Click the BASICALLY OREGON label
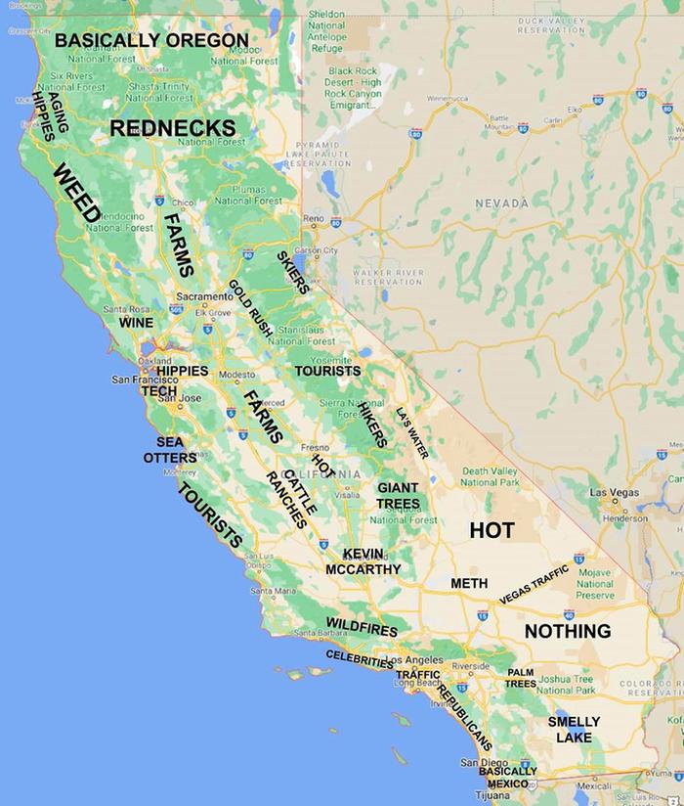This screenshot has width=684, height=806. pyautogui.click(x=151, y=40)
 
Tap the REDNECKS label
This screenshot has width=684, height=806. pyautogui.click(x=173, y=128)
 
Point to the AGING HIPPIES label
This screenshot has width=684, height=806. pyautogui.click(x=51, y=115)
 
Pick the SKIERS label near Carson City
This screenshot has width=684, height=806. pyautogui.click(x=293, y=272)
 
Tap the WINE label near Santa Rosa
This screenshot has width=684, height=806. pyautogui.click(x=136, y=322)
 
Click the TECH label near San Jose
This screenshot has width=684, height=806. pyautogui.click(x=159, y=389)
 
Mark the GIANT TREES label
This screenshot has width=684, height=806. pyautogui.click(x=399, y=495)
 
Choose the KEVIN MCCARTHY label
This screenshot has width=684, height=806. pyautogui.click(x=363, y=561)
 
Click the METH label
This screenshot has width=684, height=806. pyautogui.click(x=469, y=583)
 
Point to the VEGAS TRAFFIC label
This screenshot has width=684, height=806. pyautogui.click(x=534, y=584)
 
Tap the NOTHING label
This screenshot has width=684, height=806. pyautogui.click(x=568, y=631)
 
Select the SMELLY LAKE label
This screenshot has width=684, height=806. pyautogui.click(x=574, y=730)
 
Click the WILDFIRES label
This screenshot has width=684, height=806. pyautogui.click(x=362, y=627)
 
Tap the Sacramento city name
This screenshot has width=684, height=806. pyautogui.click(x=203, y=295)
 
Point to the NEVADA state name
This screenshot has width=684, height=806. pyautogui.click(x=501, y=202)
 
